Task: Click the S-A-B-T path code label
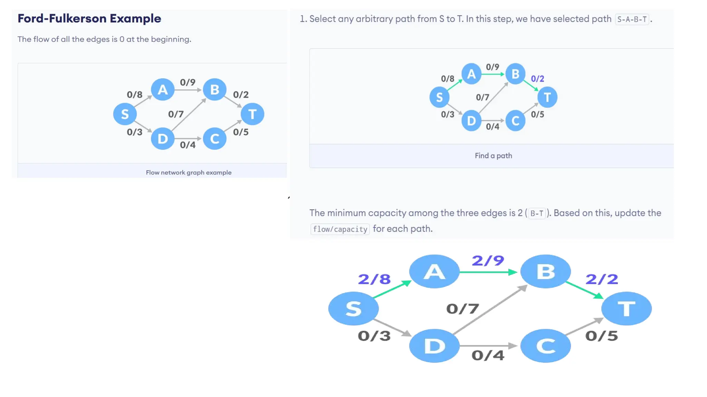632,19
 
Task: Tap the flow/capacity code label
340,229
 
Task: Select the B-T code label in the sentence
537,214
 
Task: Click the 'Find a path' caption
493,156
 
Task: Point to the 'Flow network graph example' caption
188,172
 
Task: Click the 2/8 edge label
374,279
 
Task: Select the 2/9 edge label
488,261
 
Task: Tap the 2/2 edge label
602,279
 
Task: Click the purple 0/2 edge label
537,79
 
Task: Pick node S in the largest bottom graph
353,308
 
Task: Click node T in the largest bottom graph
626,308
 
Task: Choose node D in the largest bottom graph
434,346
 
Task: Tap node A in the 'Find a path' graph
471,74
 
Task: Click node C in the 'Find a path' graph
515,121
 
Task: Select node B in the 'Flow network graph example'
214,90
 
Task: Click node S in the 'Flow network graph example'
125,114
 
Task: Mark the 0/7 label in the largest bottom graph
463,309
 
